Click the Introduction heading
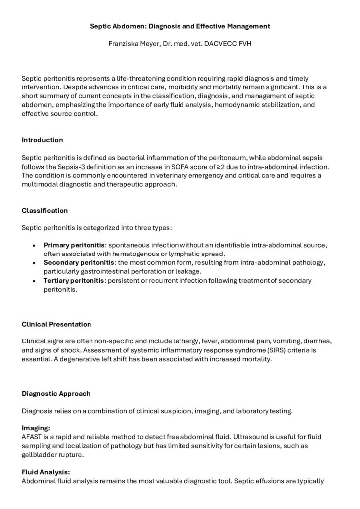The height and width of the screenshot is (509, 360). tap(42, 140)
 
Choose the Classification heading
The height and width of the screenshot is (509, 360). tap(45, 210)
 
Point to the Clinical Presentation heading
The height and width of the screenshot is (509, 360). tap(57, 324)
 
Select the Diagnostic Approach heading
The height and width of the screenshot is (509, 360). tap(56, 394)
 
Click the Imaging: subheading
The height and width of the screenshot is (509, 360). tap(36, 427)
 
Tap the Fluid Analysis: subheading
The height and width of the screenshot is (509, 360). tap(46, 473)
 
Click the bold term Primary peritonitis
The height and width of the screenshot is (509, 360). tap(75, 245)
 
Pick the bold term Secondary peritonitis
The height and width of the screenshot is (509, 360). tap(80, 262)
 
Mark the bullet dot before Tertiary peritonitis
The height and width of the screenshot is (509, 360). tap(33, 281)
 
